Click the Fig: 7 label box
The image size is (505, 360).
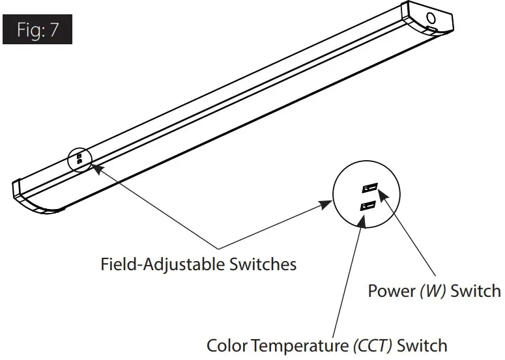(x=37, y=30)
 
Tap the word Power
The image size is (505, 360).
(x=391, y=291)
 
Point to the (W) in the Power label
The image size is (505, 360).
(x=432, y=291)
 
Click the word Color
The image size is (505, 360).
(x=227, y=345)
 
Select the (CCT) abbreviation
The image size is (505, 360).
(x=371, y=345)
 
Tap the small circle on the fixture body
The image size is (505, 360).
(x=80, y=157)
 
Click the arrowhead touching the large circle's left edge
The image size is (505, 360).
(x=326, y=205)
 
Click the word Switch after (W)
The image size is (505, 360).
(x=476, y=291)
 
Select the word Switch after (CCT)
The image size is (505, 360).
(x=422, y=345)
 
